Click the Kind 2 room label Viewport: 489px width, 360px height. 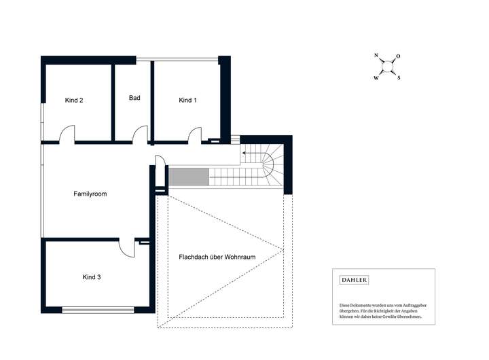coord(74,100)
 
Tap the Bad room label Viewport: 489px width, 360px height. coord(134,98)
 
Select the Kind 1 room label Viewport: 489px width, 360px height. coord(187,100)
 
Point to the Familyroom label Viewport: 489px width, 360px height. coord(90,194)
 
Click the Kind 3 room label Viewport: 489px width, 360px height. coord(92,277)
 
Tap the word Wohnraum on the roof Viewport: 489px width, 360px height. coord(240,257)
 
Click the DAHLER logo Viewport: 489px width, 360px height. coord(354,280)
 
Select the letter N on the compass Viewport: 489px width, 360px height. coord(376,55)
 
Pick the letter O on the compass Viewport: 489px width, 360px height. coord(398,56)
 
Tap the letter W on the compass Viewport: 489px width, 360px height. coord(376,78)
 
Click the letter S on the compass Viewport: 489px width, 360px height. coord(399,78)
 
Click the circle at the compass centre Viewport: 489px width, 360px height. coord(387,67)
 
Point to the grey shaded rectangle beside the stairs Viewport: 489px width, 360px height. coord(189,177)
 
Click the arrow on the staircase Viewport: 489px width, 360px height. coord(253,154)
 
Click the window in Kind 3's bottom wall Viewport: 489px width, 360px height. coord(98,310)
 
